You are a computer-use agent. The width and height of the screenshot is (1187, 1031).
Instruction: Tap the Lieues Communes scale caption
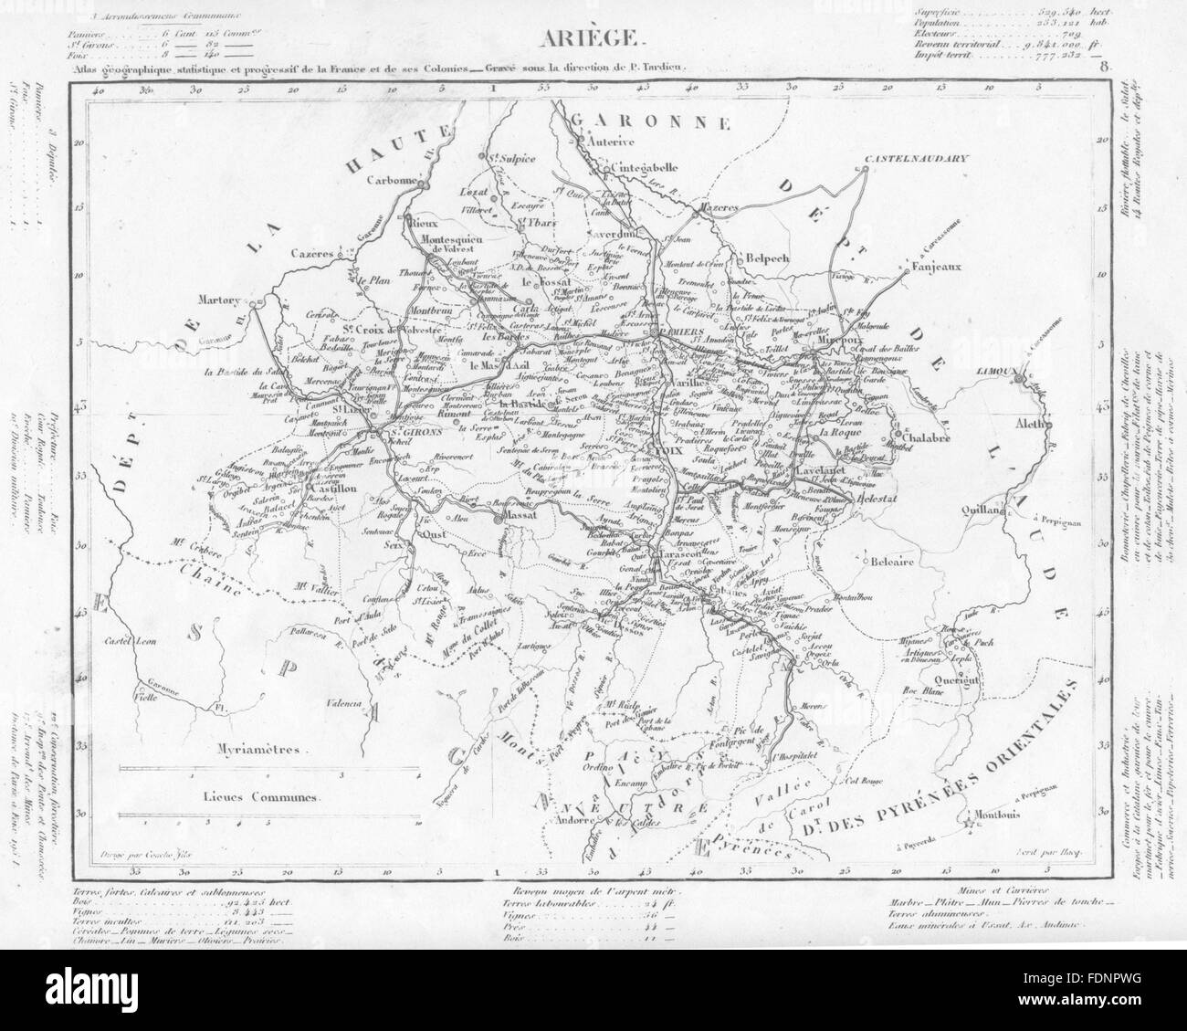[261, 796]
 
